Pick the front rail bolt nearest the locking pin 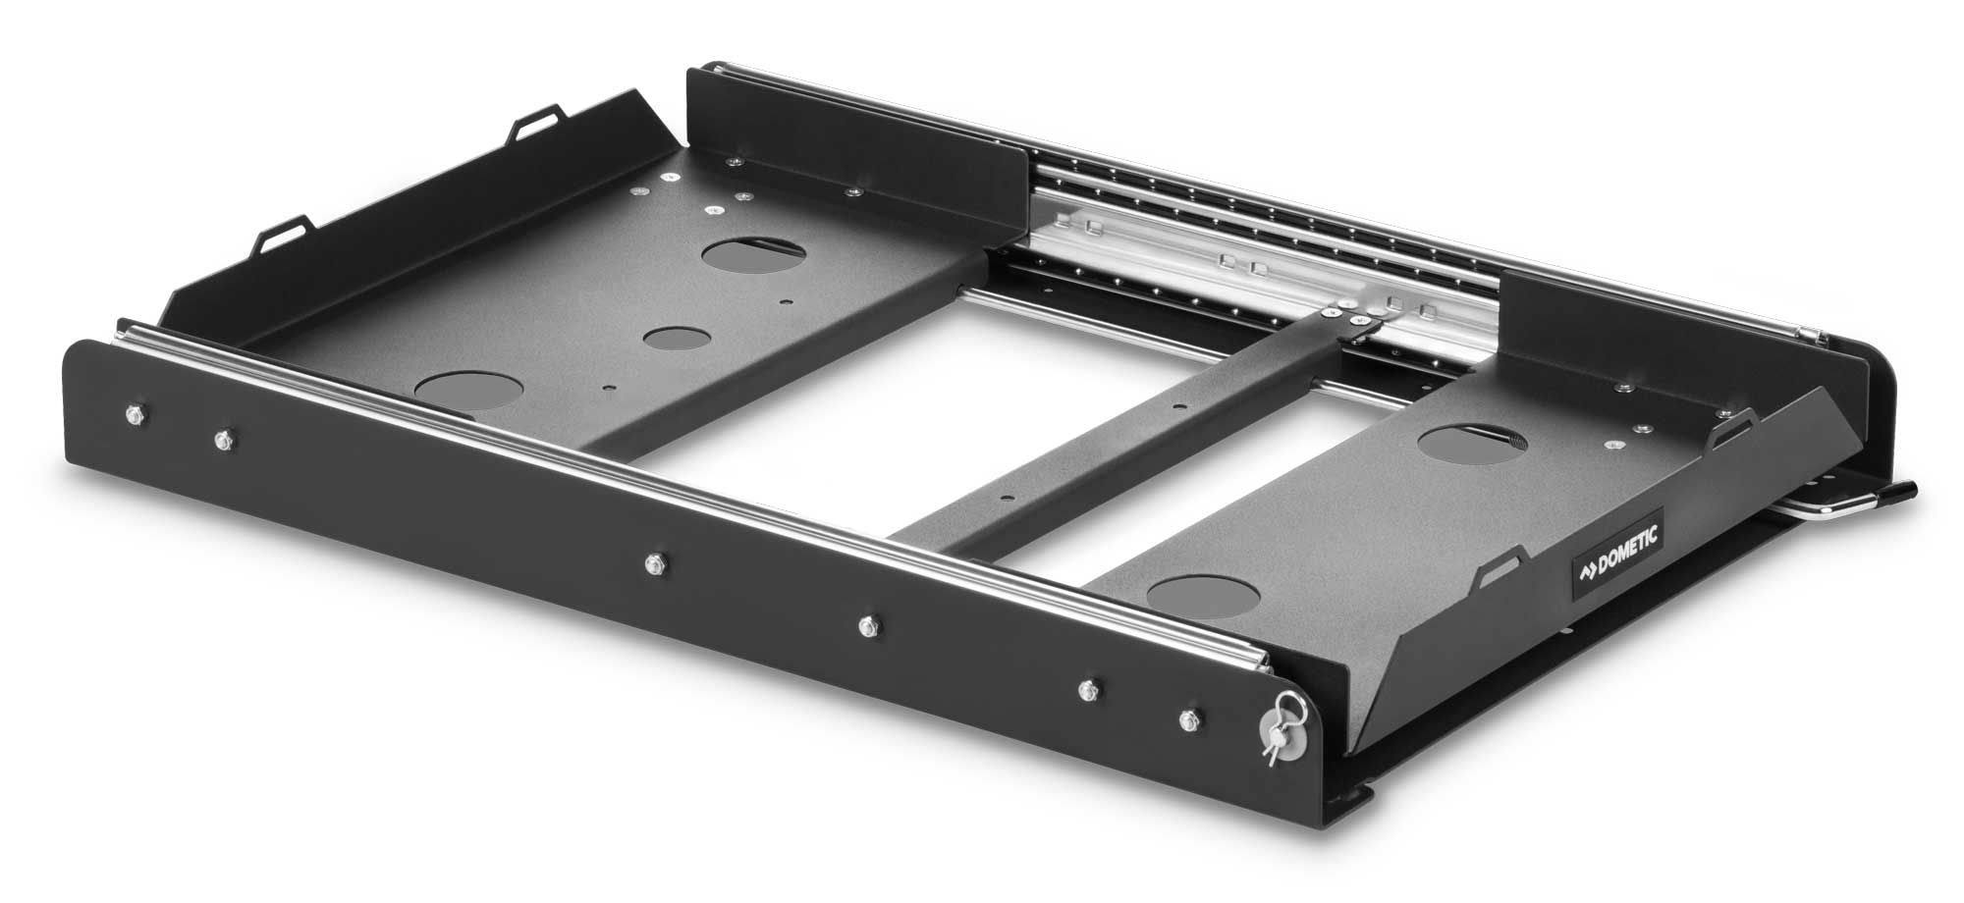(1190, 718)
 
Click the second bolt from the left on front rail (224, 438)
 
